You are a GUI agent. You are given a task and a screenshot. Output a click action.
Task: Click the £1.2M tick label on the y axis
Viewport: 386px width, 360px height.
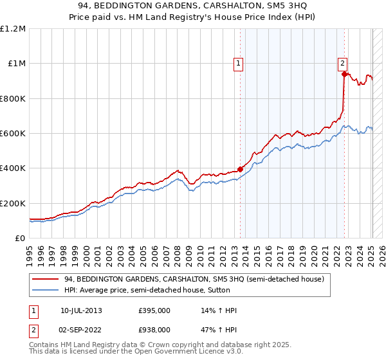click(12, 28)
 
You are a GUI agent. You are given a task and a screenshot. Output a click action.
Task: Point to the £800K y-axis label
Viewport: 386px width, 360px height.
click(12, 98)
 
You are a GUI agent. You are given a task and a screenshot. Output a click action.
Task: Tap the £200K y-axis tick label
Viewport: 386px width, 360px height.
click(12, 203)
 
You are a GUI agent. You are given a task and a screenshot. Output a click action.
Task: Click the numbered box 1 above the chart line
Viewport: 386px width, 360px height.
click(239, 63)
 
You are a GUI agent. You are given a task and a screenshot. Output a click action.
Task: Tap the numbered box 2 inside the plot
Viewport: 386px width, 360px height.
click(342, 63)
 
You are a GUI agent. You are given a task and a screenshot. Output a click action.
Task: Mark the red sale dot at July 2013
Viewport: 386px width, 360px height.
click(240, 169)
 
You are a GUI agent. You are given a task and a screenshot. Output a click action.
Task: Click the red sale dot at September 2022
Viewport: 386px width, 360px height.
click(344, 75)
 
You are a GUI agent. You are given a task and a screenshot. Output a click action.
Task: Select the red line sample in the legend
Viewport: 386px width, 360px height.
click(47, 279)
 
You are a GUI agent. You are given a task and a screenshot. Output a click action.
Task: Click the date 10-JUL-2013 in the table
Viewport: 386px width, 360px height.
click(80, 310)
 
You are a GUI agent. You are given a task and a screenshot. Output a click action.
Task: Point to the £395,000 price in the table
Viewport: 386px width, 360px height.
click(154, 310)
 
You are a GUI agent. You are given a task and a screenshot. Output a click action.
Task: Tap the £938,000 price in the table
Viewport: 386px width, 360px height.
click(154, 329)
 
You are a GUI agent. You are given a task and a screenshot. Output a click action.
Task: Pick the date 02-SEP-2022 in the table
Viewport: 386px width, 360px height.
click(80, 329)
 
